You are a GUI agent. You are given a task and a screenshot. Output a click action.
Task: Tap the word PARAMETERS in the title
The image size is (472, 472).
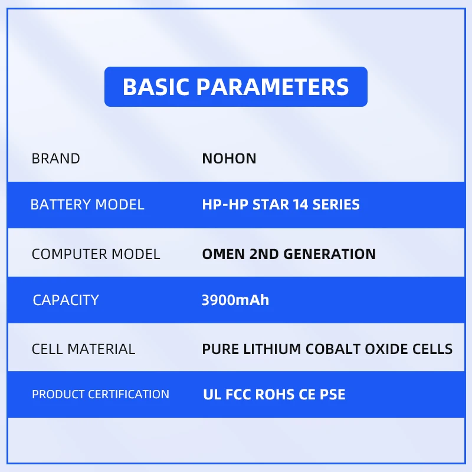273,87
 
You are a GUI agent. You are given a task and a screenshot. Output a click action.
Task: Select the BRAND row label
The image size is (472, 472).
55,159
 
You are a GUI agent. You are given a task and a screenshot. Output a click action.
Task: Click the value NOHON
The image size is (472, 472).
229,159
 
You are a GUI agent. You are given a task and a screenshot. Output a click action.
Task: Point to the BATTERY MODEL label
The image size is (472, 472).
87,205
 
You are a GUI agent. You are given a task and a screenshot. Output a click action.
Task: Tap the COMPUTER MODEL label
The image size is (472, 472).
96,254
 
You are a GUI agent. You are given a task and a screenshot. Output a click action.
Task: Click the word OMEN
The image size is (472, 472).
224,254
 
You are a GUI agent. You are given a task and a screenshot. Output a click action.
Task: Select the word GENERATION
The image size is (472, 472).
329,254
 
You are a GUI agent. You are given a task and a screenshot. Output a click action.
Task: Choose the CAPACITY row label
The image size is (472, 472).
65,300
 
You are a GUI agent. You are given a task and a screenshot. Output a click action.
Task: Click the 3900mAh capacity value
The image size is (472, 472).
235,300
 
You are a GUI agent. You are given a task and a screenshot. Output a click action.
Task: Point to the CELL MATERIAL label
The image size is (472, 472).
83,349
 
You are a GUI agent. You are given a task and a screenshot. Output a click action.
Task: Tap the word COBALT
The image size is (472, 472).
333,349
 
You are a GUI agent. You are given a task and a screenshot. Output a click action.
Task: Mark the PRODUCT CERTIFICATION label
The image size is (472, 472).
100,394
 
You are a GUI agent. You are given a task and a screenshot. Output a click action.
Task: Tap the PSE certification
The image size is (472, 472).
332,395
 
